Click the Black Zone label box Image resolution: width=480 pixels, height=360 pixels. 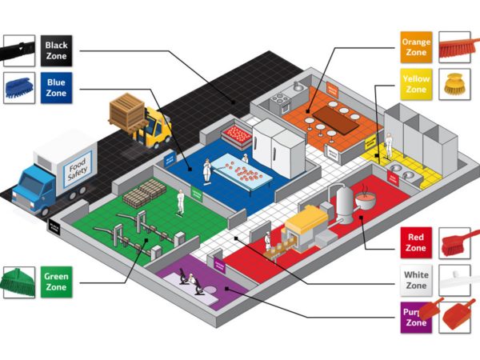point(57,50)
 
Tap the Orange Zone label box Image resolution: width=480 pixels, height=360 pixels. point(416,46)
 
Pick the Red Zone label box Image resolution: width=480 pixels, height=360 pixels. point(416,242)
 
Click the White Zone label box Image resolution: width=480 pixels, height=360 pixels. point(416,281)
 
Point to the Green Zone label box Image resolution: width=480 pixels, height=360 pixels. point(57,282)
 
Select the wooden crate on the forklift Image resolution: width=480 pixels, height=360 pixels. point(127,112)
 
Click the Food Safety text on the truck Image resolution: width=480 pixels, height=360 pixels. point(78,168)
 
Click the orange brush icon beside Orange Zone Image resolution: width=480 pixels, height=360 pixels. point(455,46)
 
